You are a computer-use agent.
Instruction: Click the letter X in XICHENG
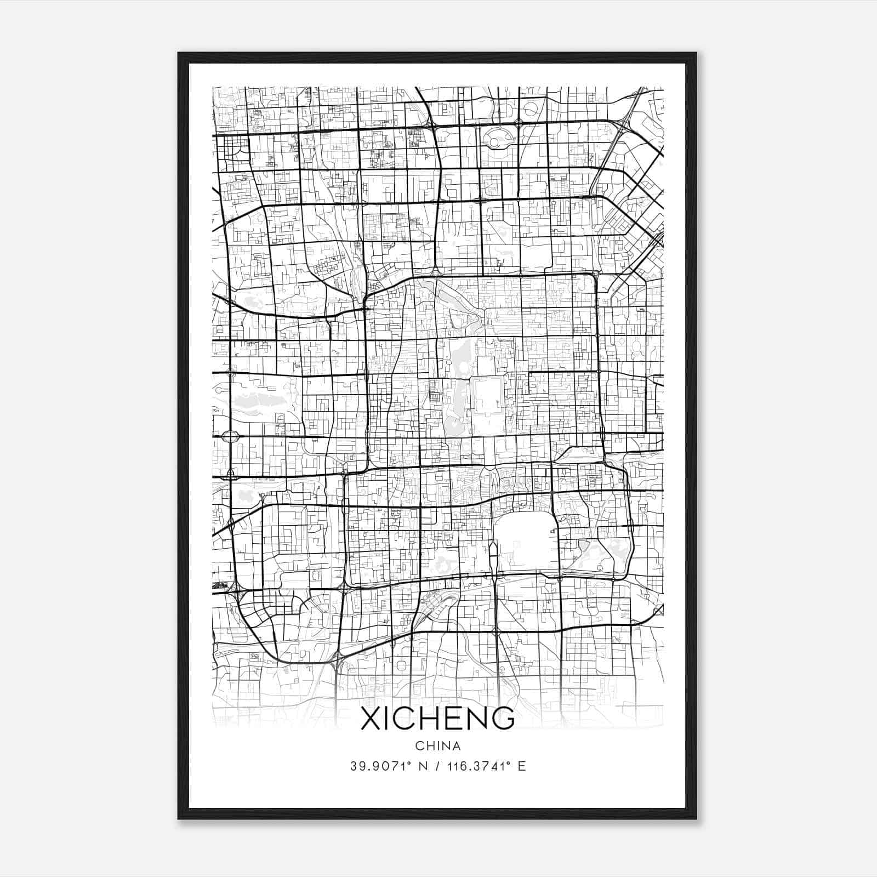point(371,718)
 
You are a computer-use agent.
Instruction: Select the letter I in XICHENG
point(388,718)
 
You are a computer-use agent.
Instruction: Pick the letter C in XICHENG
point(406,718)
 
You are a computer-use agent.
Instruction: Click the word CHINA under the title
point(437,746)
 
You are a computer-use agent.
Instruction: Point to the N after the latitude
point(423,766)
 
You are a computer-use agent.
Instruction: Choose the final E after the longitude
point(521,766)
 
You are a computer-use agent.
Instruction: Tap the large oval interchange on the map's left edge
point(230,437)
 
